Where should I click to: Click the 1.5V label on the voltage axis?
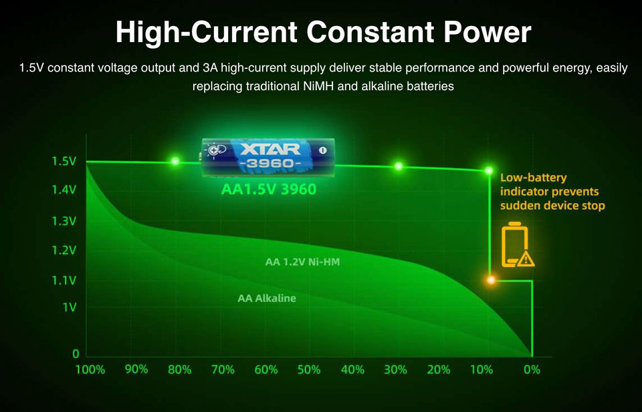click(x=64, y=162)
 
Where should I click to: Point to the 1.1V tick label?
click(x=64, y=280)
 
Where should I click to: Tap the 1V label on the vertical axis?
click(x=69, y=307)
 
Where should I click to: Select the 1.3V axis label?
click(x=64, y=221)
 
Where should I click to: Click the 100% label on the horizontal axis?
click(x=90, y=370)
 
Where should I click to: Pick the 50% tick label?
click(x=309, y=370)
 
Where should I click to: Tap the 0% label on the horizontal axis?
click(x=532, y=370)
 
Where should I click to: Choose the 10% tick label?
click(x=481, y=370)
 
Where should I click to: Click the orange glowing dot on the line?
click(x=490, y=280)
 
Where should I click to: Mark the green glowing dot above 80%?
click(x=175, y=161)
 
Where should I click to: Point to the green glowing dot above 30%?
click(x=399, y=166)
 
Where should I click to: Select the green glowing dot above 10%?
click(x=489, y=170)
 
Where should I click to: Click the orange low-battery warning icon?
click(x=518, y=245)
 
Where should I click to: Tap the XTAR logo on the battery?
click(x=270, y=149)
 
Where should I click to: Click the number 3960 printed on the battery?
click(x=270, y=164)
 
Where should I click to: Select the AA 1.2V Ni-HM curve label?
click(x=302, y=262)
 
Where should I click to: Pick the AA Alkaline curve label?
click(x=267, y=298)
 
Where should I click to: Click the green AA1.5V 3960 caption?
click(x=269, y=189)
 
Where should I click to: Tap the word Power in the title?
click(x=483, y=33)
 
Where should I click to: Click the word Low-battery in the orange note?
click(x=533, y=178)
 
